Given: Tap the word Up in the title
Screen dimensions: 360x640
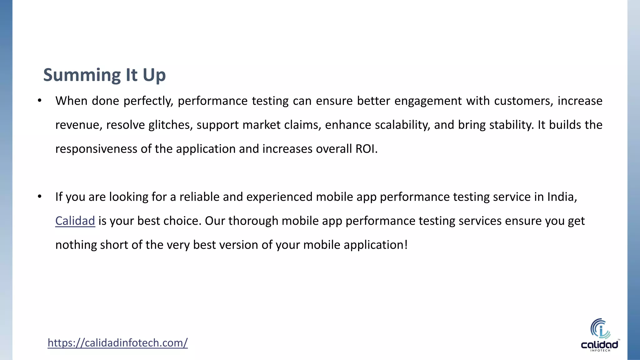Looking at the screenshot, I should click(x=154, y=75).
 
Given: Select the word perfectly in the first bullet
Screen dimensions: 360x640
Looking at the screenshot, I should click(x=148, y=101).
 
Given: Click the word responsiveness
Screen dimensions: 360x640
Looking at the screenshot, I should click(x=96, y=149).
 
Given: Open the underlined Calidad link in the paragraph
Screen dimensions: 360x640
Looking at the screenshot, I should click(x=75, y=221).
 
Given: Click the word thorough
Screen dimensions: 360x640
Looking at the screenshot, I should click(x=253, y=221).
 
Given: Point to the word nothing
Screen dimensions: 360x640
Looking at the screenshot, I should click(x=76, y=245).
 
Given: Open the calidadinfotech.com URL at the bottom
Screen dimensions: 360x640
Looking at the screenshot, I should click(x=117, y=343).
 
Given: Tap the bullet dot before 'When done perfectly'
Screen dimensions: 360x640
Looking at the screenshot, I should click(x=39, y=101).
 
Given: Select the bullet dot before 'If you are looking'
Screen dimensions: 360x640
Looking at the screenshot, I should click(x=39, y=197).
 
